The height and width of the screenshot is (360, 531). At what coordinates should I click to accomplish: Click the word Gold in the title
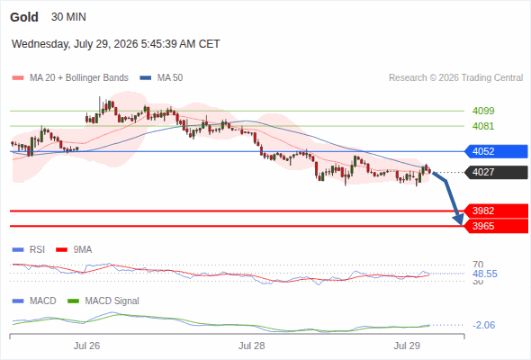(x=24, y=17)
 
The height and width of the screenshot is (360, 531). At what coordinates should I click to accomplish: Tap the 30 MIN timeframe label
(x=68, y=17)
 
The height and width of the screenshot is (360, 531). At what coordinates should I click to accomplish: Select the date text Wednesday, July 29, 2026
(x=75, y=44)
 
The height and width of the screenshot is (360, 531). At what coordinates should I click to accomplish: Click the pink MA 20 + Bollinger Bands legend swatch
(x=18, y=78)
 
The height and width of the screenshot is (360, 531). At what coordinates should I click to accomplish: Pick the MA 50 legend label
(x=170, y=78)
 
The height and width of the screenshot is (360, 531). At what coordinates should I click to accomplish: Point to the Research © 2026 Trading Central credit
(x=455, y=78)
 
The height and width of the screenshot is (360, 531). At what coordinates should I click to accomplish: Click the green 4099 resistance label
(x=483, y=111)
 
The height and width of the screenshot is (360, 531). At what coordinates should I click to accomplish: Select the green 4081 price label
(x=483, y=126)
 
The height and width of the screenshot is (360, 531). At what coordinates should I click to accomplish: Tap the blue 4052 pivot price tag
(x=495, y=151)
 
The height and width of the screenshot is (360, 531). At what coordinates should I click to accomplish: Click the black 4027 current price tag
(x=495, y=172)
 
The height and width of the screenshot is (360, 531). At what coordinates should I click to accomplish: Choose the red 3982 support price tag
(x=495, y=211)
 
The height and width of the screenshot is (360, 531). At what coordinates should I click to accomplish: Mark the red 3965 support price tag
(x=495, y=226)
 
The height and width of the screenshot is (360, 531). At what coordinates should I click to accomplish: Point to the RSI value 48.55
(x=484, y=274)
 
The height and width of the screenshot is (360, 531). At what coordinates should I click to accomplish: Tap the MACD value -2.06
(x=483, y=325)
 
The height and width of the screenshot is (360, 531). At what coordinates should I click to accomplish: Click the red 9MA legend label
(x=83, y=249)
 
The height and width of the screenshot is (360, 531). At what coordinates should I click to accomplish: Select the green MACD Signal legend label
(x=112, y=301)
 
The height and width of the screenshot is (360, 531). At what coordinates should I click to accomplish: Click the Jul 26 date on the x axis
(x=86, y=346)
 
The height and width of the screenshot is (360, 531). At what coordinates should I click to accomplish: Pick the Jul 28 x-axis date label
(x=252, y=346)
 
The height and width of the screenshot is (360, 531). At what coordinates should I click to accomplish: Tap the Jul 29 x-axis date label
(x=407, y=346)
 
